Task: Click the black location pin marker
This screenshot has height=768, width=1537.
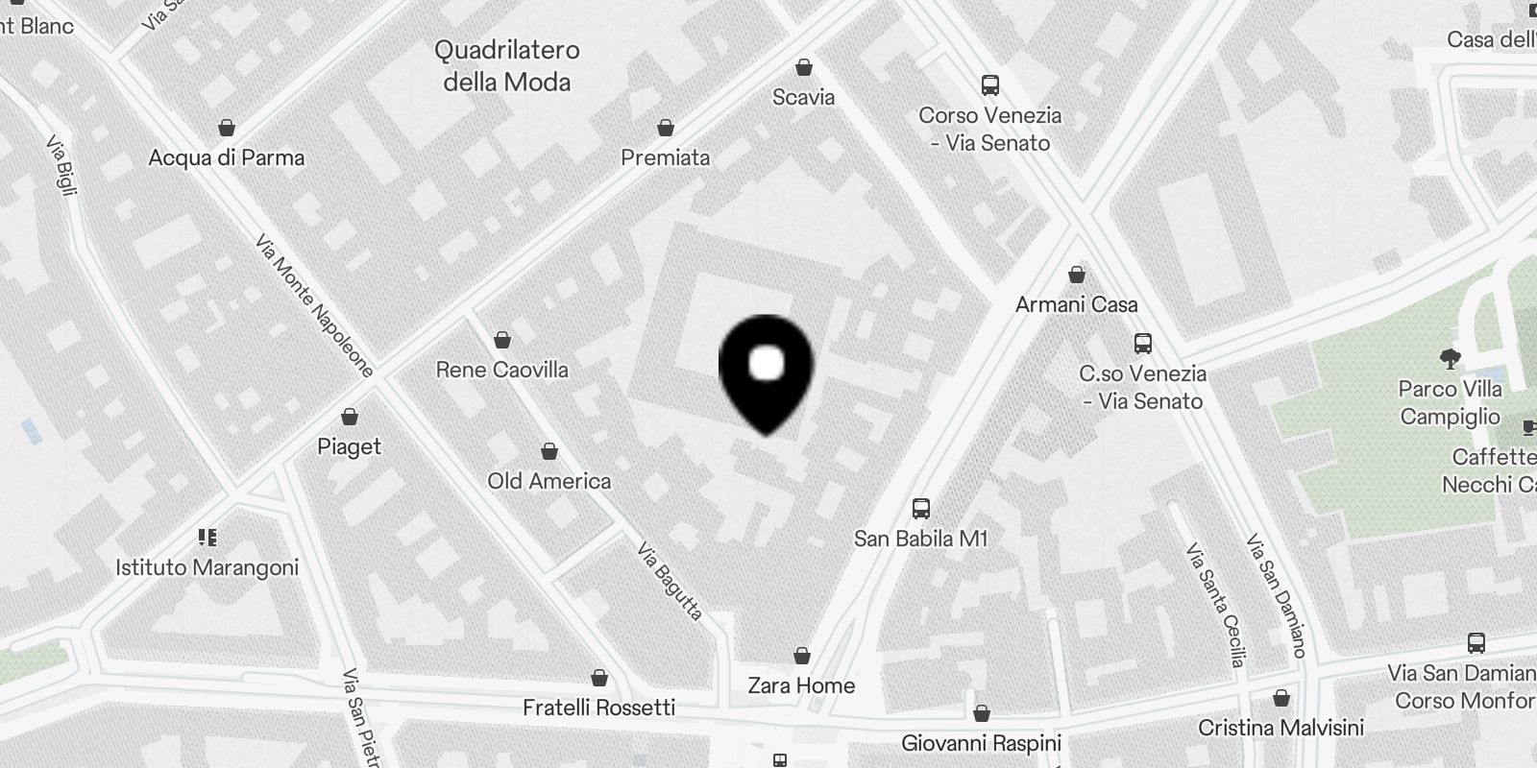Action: (x=766, y=371)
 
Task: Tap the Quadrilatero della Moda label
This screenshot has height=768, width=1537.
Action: (x=507, y=65)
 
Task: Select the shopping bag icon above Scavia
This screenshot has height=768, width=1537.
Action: (x=803, y=67)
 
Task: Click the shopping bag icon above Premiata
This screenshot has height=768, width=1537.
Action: (x=665, y=128)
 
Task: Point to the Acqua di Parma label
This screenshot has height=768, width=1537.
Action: (x=227, y=157)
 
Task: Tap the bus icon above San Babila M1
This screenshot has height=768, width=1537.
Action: (x=920, y=509)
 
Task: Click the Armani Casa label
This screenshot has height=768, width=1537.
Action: (x=1076, y=304)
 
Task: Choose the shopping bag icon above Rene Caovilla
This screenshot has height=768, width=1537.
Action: (x=501, y=340)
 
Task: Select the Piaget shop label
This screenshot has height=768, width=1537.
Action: (x=350, y=446)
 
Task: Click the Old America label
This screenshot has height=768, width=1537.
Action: (x=549, y=481)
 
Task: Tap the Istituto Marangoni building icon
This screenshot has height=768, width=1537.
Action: (x=207, y=537)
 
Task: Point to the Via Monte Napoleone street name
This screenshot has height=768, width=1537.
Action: (x=314, y=305)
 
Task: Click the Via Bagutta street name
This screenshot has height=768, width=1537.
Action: (x=670, y=581)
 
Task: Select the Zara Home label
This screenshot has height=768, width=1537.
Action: (x=801, y=685)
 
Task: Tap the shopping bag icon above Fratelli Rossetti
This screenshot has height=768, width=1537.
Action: (x=599, y=679)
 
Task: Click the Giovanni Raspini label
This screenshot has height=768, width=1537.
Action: (x=981, y=743)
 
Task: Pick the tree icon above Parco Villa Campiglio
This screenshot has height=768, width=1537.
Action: (x=1450, y=360)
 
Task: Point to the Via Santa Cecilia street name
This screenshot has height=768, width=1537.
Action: (x=1214, y=605)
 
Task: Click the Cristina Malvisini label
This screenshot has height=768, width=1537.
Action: (x=1281, y=727)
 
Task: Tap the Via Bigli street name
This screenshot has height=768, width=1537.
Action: (x=61, y=166)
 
